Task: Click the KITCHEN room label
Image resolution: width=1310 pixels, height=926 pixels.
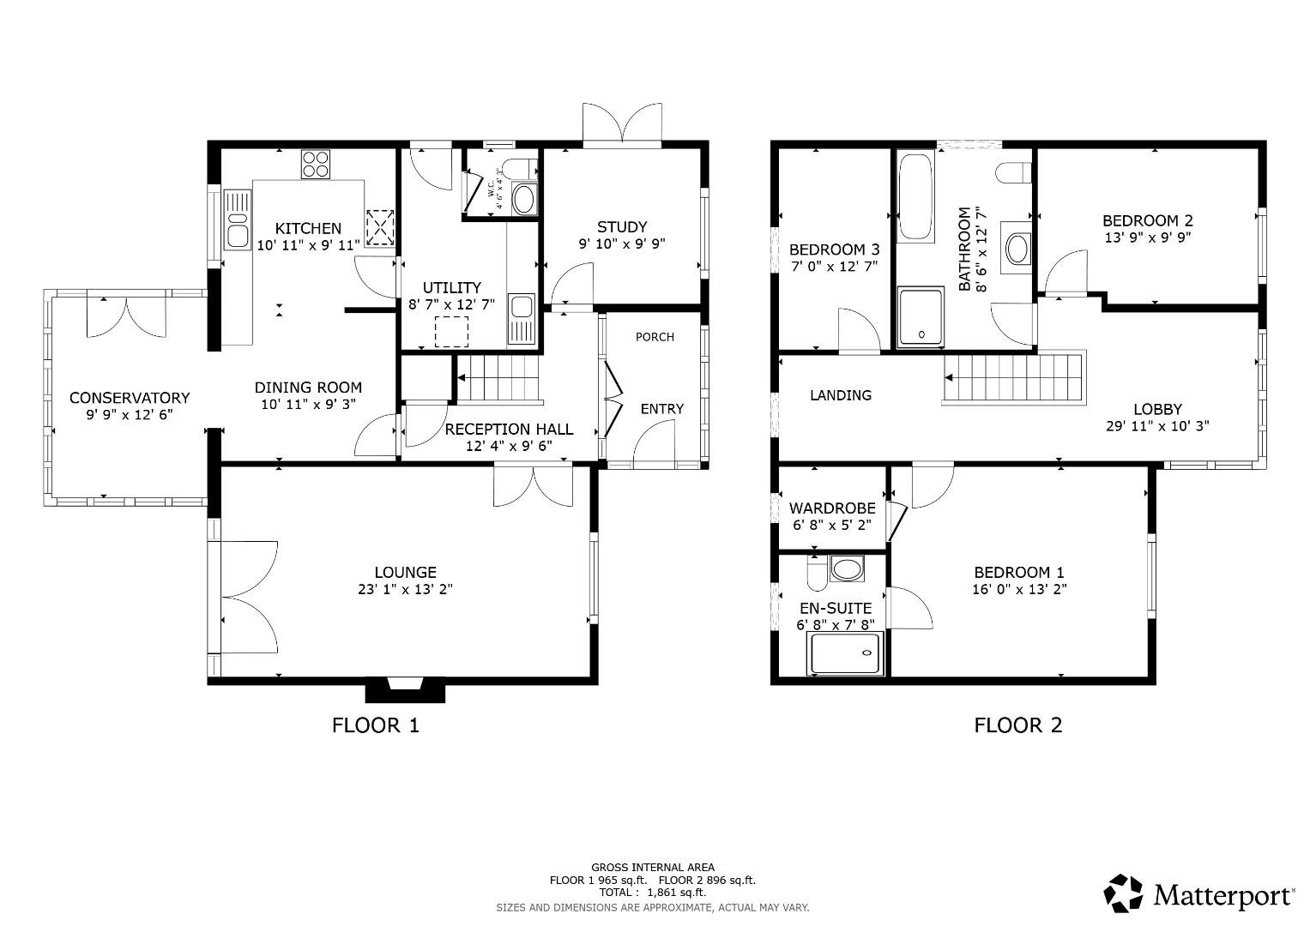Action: click(x=308, y=228)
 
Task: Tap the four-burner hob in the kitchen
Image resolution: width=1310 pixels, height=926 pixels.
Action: click(x=316, y=164)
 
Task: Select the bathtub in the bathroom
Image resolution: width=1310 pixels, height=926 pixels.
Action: click(x=915, y=196)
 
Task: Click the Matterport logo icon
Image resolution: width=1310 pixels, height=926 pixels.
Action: click(x=1124, y=893)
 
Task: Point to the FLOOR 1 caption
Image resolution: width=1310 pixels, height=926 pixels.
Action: click(x=376, y=725)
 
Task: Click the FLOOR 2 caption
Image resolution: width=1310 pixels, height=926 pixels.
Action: click(x=1017, y=725)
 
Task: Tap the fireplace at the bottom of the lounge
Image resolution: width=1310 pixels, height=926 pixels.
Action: click(x=406, y=688)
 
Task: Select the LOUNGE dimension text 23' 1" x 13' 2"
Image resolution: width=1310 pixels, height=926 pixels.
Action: click(x=405, y=589)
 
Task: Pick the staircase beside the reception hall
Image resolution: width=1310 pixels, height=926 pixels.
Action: click(x=498, y=378)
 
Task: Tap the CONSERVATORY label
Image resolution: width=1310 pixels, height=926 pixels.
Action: click(x=129, y=398)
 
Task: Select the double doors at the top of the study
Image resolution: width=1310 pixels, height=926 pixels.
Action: click(x=622, y=123)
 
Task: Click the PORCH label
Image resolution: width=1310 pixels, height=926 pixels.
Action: click(x=655, y=337)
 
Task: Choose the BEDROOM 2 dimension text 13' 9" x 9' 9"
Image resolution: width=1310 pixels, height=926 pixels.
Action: click(x=1147, y=238)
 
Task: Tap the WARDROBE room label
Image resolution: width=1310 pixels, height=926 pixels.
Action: click(x=832, y=508)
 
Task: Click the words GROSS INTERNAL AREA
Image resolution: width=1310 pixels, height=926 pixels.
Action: click(x=652, y=868)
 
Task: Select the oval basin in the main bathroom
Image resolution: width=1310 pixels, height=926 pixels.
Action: click(x=1018, y=250)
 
